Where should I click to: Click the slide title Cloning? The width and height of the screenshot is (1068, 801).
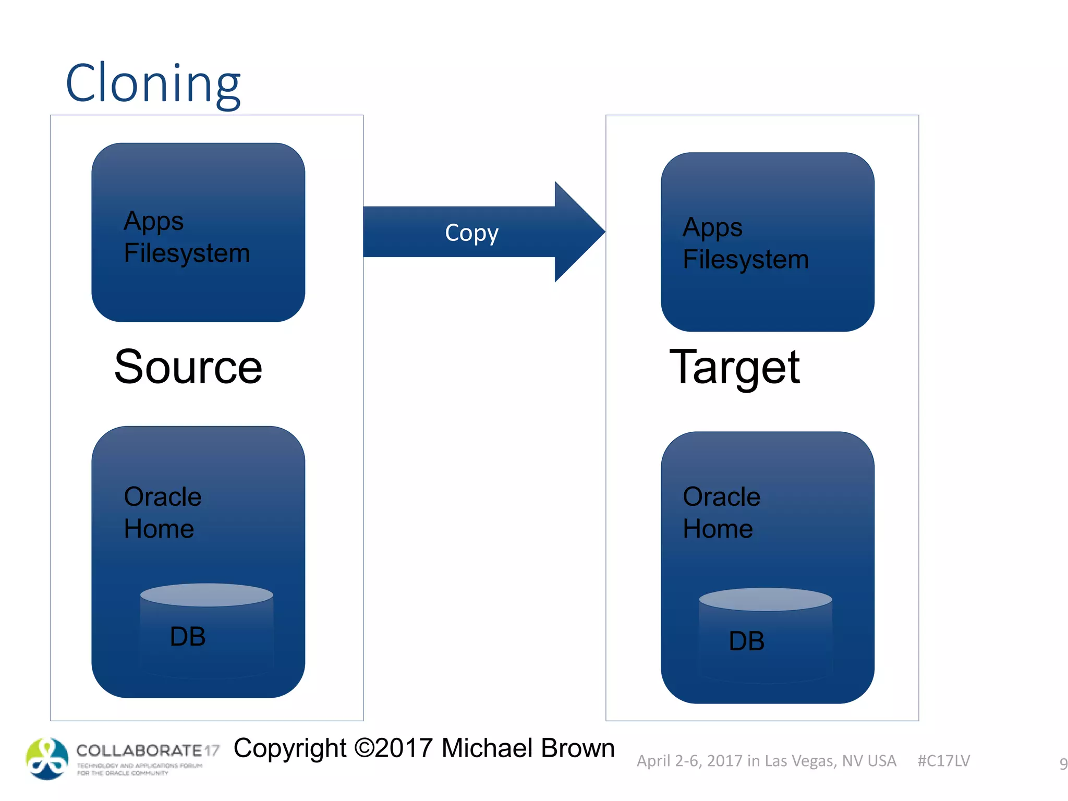coord(152,83)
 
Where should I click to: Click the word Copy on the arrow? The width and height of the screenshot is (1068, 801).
coord(471,233)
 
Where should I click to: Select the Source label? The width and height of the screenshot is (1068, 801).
coord(188,367)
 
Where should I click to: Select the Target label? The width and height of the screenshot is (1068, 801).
coord(734,367)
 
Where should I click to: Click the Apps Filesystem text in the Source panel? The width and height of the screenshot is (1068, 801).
coord(186,237)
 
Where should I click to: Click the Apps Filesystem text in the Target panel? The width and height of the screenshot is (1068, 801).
coord(745,244)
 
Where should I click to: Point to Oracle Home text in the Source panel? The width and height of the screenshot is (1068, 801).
coord(162,513)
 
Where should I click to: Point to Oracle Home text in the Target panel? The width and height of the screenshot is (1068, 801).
coord(721,513)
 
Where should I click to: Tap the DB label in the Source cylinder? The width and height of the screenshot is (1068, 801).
coord(188,637)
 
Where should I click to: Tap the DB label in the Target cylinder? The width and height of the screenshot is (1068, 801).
coord(746,641)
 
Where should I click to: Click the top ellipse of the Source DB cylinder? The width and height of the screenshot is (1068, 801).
coord(207,595)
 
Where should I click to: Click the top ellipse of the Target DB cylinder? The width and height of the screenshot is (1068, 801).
coord(765,599)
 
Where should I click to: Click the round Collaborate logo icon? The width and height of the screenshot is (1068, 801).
coord(47,759)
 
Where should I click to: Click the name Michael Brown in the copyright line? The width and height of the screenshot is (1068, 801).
coord(528,748)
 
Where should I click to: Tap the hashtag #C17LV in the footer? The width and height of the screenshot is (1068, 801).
coord(943,761)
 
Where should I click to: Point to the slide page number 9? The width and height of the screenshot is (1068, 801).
coord(1063,763)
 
